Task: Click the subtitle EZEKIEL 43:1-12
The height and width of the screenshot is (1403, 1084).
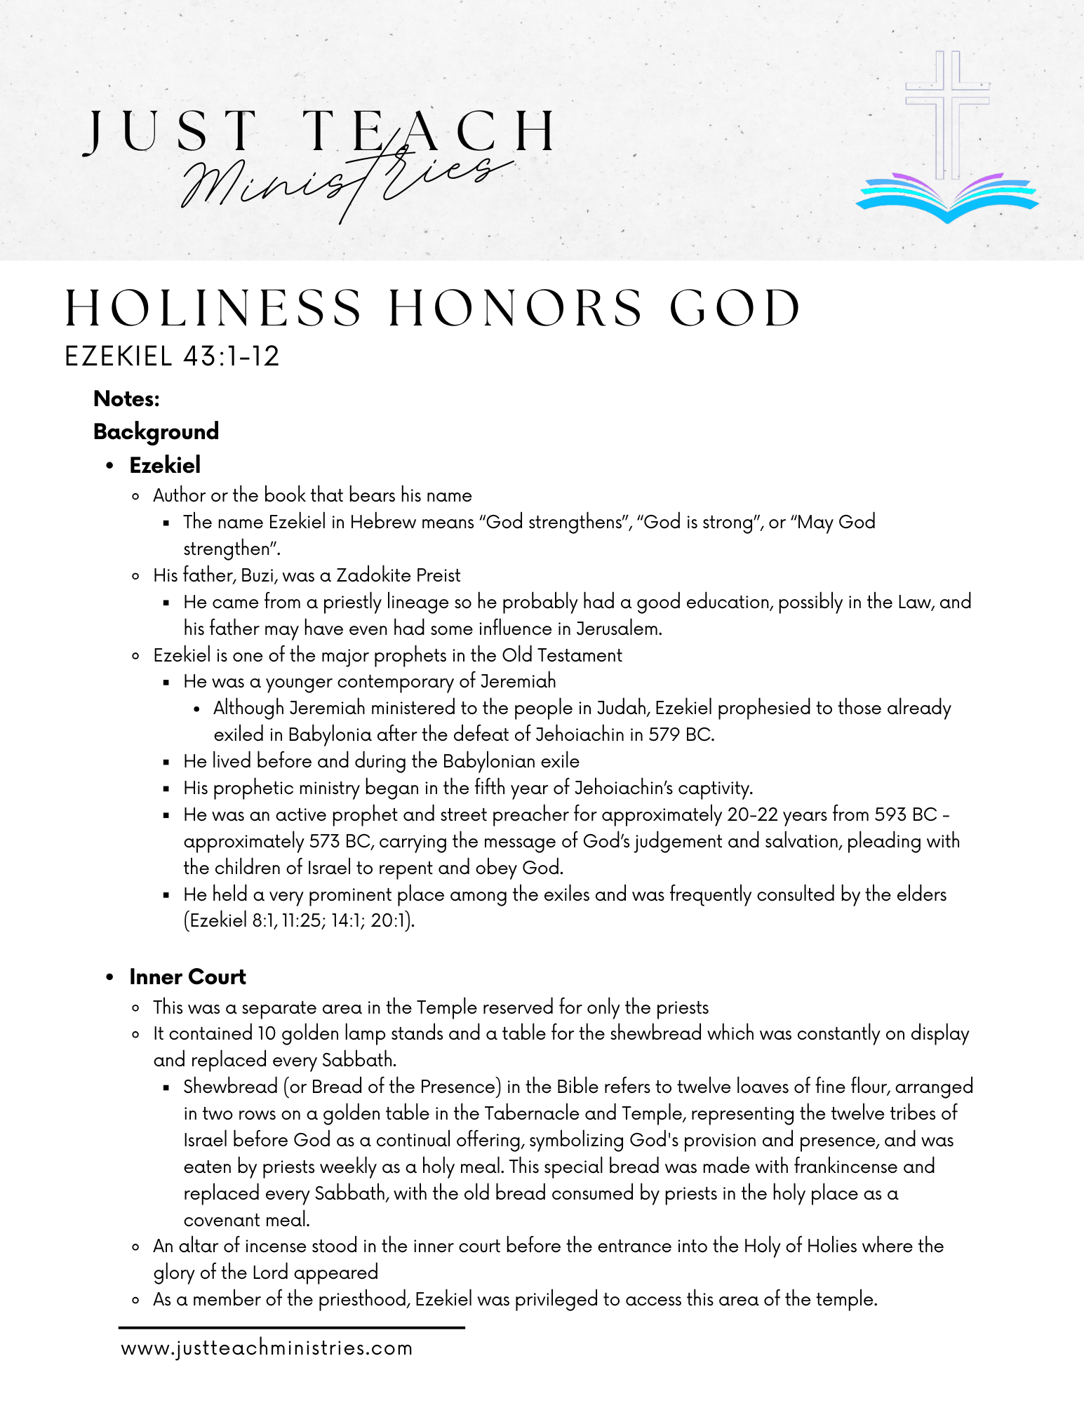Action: pos(172,356)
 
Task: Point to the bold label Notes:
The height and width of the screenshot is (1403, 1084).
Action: pos(126,399)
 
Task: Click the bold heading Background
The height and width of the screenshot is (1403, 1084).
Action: pos(156,431)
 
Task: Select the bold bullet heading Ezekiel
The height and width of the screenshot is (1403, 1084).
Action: pos(165,465)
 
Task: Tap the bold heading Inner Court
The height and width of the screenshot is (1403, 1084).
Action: pos(187,977)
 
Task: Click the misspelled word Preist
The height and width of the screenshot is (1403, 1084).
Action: pos(438,576)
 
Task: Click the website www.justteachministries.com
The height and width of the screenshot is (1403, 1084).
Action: pos(267,1348)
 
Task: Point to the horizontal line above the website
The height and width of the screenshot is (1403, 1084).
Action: pos(291,1327)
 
